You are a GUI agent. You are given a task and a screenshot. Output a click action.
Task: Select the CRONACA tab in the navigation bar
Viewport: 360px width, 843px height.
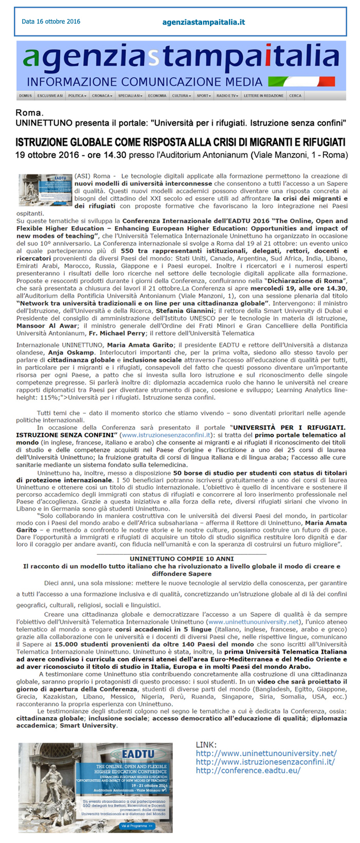101,96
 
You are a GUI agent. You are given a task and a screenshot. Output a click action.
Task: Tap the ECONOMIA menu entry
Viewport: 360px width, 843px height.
157,96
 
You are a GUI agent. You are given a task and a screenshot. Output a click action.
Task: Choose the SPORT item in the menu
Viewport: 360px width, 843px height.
204,96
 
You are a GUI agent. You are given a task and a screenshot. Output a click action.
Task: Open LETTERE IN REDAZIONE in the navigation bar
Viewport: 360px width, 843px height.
263,96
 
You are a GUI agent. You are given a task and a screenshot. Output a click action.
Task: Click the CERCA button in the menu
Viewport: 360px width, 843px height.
295,96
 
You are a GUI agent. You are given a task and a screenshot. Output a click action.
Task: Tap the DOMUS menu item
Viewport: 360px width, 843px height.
25,96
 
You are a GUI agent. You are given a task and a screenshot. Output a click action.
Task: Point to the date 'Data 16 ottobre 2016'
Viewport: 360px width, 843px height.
51,22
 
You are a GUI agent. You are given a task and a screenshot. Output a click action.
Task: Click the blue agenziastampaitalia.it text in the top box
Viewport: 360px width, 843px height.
203,22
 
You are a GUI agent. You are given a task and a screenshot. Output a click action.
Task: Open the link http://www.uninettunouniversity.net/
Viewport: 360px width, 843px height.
266,753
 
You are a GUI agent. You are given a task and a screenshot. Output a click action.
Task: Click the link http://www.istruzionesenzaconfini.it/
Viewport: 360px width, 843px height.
265,762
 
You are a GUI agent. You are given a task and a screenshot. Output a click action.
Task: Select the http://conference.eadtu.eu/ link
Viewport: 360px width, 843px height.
248,771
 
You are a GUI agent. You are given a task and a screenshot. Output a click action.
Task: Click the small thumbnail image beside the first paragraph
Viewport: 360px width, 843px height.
45,190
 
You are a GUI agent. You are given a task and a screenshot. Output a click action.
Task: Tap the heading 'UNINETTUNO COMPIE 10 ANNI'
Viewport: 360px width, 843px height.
182,558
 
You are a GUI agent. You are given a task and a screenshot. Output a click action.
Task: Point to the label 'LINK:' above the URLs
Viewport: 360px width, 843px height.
206,745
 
